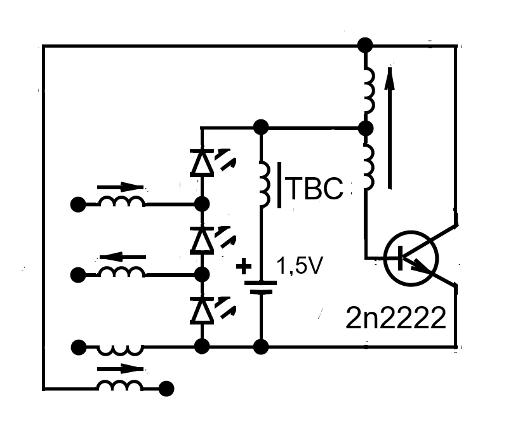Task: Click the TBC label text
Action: tap(314, 189)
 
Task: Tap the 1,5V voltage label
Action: tap(300, 266)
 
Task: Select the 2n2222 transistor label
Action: tap(396, 318)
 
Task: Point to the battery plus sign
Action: tap(244, 267)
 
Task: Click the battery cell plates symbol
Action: tap(261, 287)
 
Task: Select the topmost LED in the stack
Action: tap(202, 163)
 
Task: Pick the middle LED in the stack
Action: tap(202, 240)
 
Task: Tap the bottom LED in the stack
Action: tap(202, 310)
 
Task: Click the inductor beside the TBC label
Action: tap(265, 184)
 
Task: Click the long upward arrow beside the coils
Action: tap(390, 128)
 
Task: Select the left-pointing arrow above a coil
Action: tap(123, 257)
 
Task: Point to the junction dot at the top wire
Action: tap(365, 45)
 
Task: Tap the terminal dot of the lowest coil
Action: tap(166, 389)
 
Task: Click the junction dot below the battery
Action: tap(261, 347)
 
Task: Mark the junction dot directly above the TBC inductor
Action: tap(261, 127)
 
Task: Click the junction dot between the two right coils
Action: tap(366, 128)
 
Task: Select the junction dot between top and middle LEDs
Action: tap(203, 204)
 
